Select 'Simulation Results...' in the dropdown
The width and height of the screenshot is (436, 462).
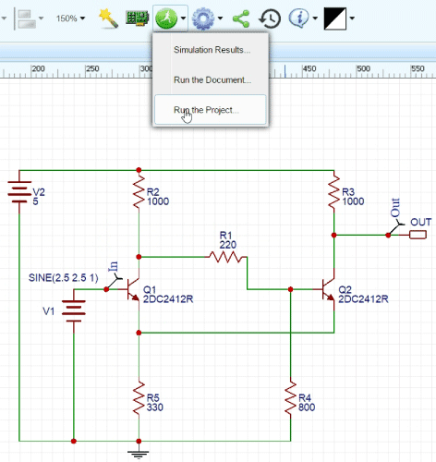point(211,49)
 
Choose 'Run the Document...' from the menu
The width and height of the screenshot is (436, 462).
point(212,79)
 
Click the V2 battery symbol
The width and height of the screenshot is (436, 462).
point(19,195)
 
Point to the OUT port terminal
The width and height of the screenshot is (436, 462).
point(418,235)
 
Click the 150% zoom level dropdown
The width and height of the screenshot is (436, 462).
point(70,18)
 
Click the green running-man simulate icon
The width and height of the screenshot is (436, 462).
point(167,18)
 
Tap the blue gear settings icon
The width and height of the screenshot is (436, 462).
point(202,18)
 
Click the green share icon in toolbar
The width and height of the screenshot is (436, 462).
point(241,18)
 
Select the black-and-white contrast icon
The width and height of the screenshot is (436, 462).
point(334,18)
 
